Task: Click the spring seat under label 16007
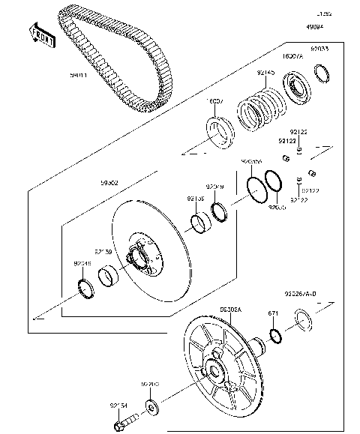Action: point(221,130)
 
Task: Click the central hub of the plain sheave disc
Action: point(139,259)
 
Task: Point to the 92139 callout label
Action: point(103,253)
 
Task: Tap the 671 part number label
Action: point(274,314)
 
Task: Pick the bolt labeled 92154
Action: point(119,428)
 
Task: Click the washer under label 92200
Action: point(154,409)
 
